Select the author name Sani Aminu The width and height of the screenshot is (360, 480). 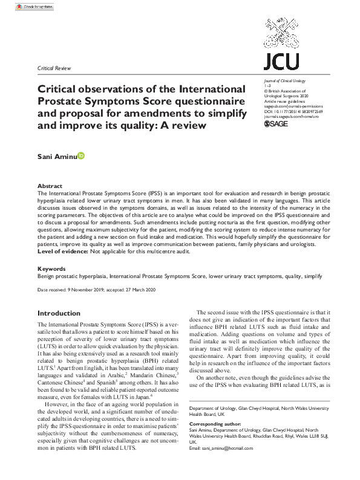click(x=56, y=156)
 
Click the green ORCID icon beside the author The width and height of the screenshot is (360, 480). click(x=81, y=156)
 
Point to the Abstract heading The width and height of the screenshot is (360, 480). click(x=50, y=186)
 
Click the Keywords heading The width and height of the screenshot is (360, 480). click(x=51, y=268)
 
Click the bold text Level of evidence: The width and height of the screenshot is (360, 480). click(x=65, y=251)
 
